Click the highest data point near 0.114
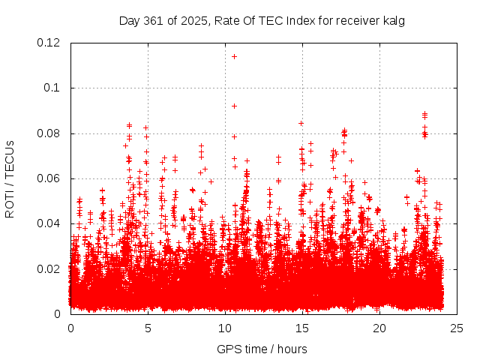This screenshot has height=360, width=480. click(x=234, y=56)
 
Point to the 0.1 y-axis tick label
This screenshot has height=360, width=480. click(x=52, y=88)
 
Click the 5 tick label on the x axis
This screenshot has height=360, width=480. click(x=148, y=328)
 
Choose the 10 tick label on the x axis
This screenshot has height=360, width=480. click(x=225, y=328)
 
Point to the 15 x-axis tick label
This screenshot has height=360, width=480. click(x=302, y=328)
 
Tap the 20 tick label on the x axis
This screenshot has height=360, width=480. click(x=379, y=328)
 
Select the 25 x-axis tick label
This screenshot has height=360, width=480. click(x=457, y=328)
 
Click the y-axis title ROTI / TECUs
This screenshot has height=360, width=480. click(x=10, y=178)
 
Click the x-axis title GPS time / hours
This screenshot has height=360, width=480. click(x=262, y=349)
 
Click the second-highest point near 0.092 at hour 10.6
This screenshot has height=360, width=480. click(x=234, y=106)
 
